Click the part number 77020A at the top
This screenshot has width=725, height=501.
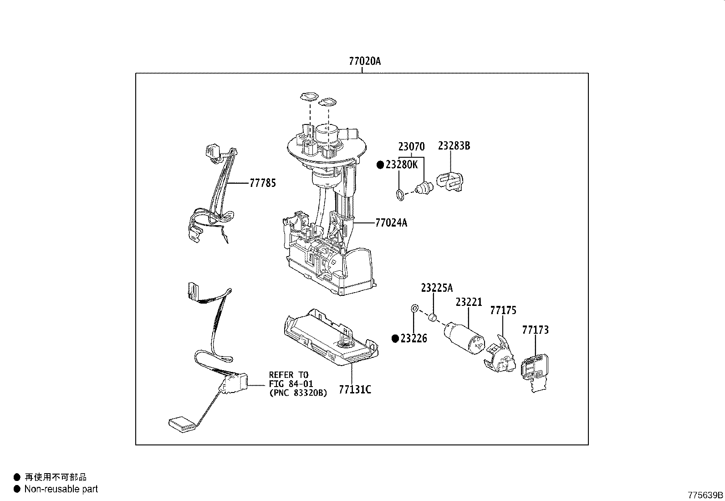(x=365, y=61)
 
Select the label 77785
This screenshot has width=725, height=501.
(x=263, y=183)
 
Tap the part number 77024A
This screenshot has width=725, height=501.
(x=391, y=222)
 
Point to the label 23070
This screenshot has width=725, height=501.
(x=411, y=146)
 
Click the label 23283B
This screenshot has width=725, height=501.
(x=454, y=146)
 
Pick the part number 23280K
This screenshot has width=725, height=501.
(x=402, y=165)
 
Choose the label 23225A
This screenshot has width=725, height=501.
(x=437, y=288)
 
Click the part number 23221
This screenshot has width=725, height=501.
(x=469, y=302)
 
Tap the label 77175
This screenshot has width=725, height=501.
(x=503, y=310)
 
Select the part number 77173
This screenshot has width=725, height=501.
(x=536, y=330)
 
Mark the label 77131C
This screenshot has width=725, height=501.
(x=355, y=389)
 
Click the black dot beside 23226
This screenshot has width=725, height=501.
(x=395, y=339)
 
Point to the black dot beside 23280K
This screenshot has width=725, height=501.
(x=380, y=165)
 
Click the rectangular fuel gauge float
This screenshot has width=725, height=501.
(x=182, y=425)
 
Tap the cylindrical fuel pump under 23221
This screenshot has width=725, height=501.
(x=464, y=338)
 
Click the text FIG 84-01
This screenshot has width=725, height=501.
(x=291, y=384)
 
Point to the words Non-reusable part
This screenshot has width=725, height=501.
(x=61, y=489)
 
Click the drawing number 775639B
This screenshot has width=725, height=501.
(x=705, y=495)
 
